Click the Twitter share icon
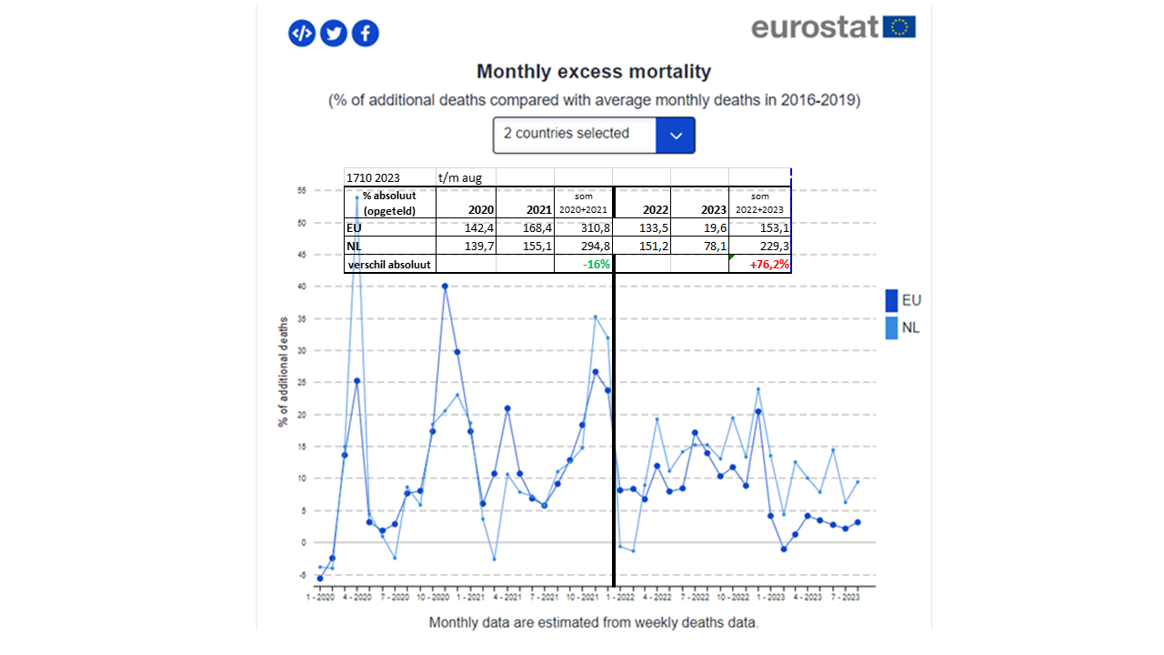(x=334, y=34)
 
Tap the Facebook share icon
(x=366, y=34)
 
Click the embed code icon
(x=302, y=34)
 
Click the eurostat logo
(x=833, y=27)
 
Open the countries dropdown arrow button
(x=675, y=135)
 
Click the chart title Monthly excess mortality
(x=594, y=72)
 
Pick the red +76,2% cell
(x=760, y=265)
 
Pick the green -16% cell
(x=583, y=265)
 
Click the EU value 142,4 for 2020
(x=466, y=228)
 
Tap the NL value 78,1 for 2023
(x=699, y=247)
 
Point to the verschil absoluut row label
(x=390, y=265)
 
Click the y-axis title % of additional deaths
(x=284, y=372)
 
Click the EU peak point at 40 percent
(x=445, y=287)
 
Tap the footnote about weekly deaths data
(x=594, y=623)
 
